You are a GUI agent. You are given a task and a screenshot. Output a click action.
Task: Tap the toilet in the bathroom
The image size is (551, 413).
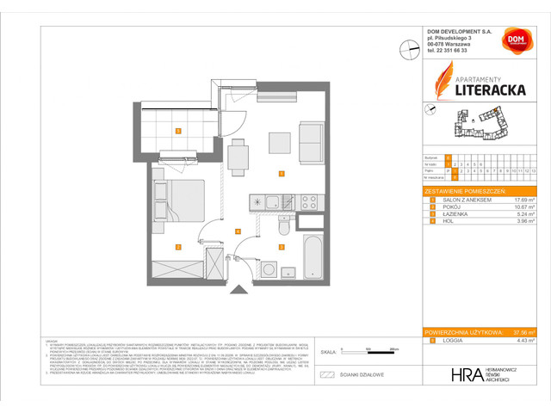click(x=284, y=228)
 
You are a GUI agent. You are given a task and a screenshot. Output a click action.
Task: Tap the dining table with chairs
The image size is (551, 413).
click(x=238, y=152)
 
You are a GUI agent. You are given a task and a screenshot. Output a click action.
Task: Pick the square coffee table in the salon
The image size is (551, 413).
click(x=279, y=142)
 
